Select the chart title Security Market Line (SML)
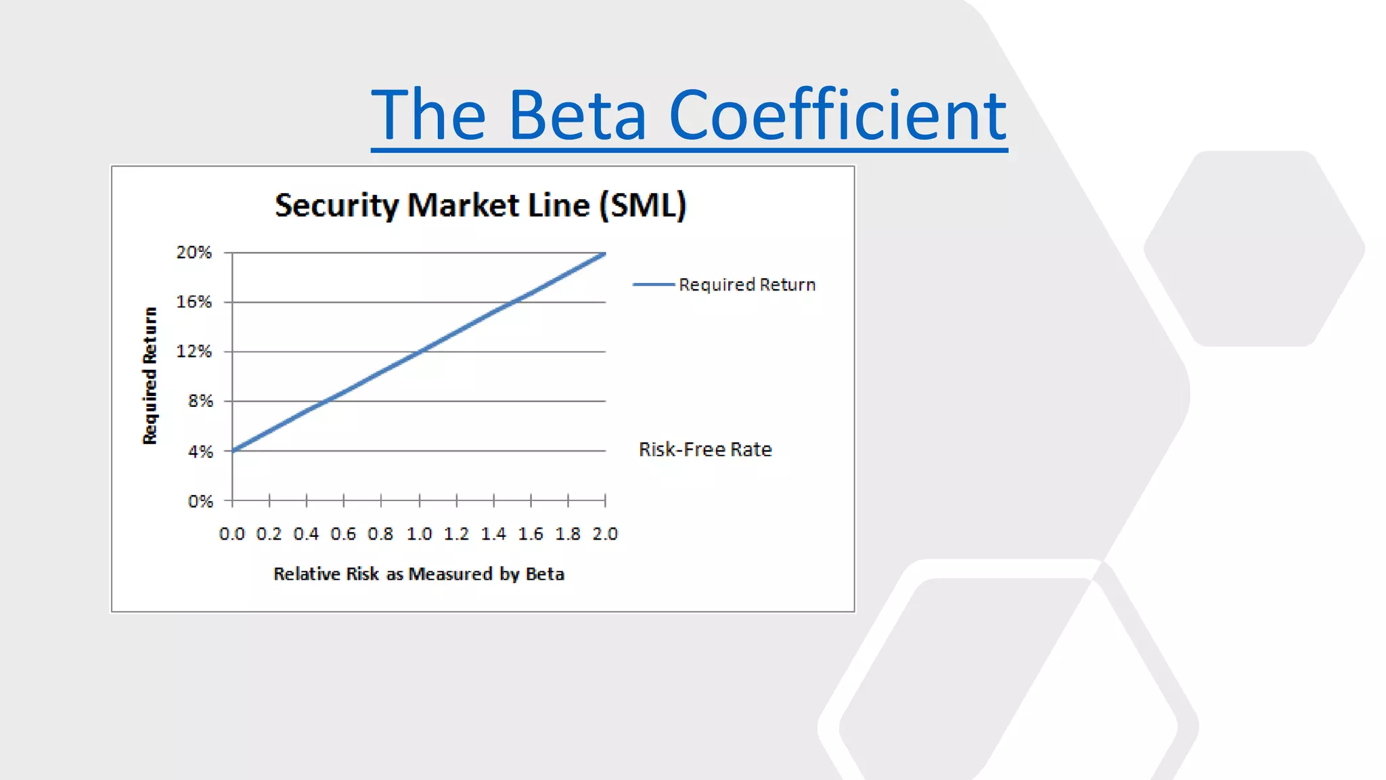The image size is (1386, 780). [480, 205]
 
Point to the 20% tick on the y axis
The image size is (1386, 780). [194, 253]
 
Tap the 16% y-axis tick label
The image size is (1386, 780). [194, 302]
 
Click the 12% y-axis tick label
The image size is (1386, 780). [194, 351]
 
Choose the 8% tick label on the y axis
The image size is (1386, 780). [200, 401]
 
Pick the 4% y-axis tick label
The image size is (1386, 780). [200, 451]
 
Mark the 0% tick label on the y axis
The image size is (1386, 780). [200, 501]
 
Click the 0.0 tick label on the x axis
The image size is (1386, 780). [232, 534]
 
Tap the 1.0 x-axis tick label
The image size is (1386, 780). [419, 534]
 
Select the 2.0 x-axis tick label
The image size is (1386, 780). [605, 534]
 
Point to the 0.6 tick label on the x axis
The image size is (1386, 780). [343, 534]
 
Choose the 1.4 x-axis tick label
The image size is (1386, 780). [493, 534]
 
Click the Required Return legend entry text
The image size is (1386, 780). [747, 284]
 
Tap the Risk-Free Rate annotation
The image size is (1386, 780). [705, 450]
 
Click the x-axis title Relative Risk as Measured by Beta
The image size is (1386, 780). [419, 574]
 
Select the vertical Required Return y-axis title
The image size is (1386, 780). [150, 376]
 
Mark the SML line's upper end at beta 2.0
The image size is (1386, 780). [604, 254]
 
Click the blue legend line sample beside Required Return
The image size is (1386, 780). [653, 284]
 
